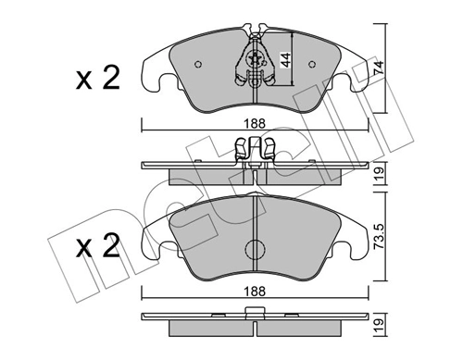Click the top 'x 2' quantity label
click(x=97, y=81)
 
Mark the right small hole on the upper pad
click(x=315, y=65)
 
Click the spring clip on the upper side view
click(x=256, y=148)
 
